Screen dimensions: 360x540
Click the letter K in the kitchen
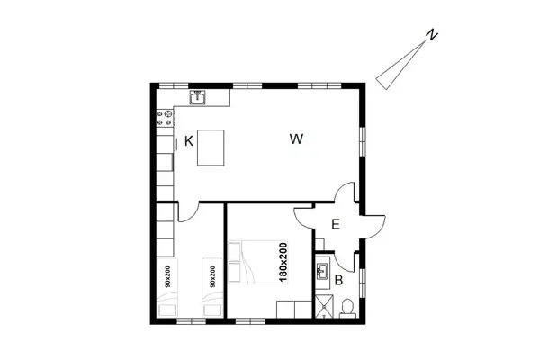(x=189, y=140)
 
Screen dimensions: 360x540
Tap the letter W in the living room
(x=296, y=139)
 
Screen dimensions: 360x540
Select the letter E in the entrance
(x=335, y=225)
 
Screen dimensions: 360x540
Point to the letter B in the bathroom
(x=338, y=281)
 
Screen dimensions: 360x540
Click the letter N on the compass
(x=432, y=35)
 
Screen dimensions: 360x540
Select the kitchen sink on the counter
(x=197, y=96)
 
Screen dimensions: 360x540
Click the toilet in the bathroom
(x=347, y=308)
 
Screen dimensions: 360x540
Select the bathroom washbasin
(x=323, y=269)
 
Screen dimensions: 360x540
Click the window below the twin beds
(x=190, y=321)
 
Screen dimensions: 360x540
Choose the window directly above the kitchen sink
(x=195, y=85)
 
